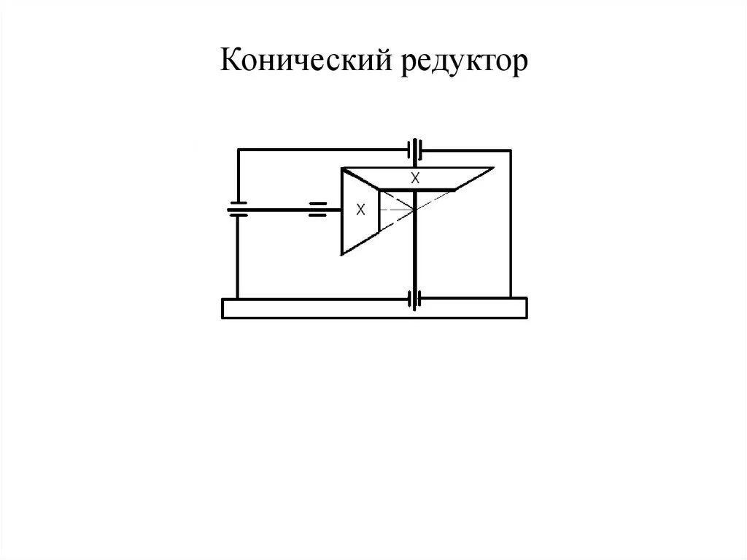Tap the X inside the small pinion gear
(360, 210)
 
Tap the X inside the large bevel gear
(416, 177)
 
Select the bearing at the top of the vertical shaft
(415, 150)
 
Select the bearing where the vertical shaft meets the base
(415, 299)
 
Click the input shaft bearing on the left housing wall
(238, 210)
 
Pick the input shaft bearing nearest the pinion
(319, 210)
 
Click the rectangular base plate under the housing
(373, 309)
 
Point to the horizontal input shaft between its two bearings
(277, 210)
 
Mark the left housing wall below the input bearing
(238, 256)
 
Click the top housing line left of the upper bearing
(321, 150)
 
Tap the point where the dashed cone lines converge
(414, 210)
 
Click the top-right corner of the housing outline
(511, 150)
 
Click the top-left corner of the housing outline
(238, 150)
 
